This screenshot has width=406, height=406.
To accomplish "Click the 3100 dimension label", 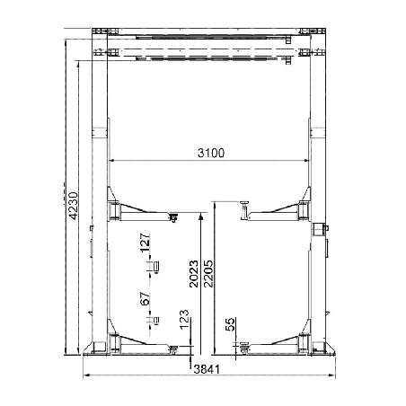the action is [211, 153].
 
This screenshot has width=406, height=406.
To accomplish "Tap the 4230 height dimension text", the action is [74, 206].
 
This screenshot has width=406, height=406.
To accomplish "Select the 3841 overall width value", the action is [207, 369].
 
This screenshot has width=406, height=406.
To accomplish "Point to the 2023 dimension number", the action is [194, 274].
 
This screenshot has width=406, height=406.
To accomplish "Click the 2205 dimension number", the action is [208, 274].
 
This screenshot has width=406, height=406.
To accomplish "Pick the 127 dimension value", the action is [145, 243].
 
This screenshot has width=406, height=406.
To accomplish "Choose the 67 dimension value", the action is [145, 299].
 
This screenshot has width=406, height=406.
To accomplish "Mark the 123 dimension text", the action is [184, 319].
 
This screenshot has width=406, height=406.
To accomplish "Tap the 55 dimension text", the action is [230, 324].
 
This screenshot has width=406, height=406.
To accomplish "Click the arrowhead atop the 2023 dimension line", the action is [201, 216].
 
